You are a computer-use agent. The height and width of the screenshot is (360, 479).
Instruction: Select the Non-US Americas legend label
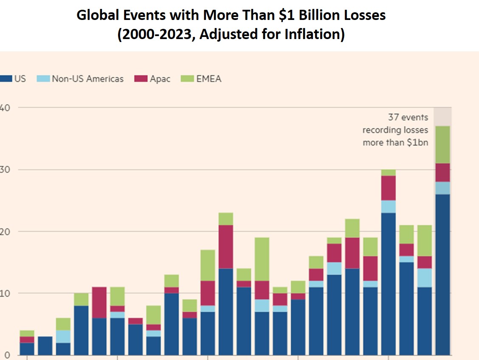[87, 79]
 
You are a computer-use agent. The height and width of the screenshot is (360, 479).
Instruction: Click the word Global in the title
[97, 16]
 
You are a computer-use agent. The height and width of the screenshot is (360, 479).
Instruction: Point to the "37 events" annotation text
[408, 117]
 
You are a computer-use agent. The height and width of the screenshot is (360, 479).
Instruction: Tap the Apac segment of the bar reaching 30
[389, 188]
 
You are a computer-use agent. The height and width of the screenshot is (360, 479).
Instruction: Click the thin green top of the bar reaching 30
[389, 173]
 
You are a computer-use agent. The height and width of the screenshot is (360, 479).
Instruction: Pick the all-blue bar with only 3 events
[45, 346]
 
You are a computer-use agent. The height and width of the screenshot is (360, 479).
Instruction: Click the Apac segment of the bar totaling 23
[226, 247]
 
